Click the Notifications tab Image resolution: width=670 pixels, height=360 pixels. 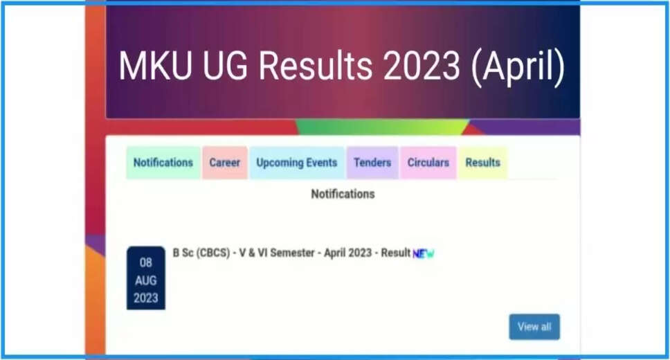163,163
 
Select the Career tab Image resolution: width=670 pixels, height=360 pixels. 225,163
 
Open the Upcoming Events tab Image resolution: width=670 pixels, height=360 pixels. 297,163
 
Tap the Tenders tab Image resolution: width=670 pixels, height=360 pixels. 372,163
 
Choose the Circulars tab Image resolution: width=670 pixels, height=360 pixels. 428,163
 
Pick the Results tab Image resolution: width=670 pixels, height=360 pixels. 483,163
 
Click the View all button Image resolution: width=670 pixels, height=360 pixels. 534,327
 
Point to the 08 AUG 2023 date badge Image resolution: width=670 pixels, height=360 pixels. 146,278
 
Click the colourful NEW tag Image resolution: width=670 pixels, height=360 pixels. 424,253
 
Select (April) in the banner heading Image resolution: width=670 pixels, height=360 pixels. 518,68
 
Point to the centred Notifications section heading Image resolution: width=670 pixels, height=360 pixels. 343,194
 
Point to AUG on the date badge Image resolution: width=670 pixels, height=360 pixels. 146,280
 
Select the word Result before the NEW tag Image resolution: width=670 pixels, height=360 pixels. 396,253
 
